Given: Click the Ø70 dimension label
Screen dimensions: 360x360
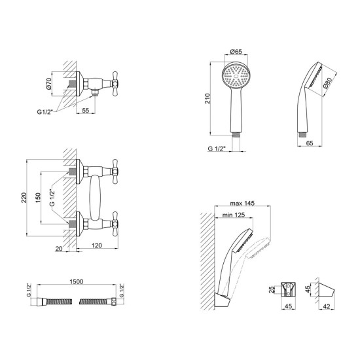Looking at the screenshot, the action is click(48, 83).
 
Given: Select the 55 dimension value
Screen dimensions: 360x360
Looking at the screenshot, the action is click(85, 110).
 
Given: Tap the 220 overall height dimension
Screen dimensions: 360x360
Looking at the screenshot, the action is click(24, 198).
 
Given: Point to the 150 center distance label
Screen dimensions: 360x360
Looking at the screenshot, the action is click(38, 198).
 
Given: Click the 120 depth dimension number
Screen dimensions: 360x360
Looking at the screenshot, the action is click(97, 245).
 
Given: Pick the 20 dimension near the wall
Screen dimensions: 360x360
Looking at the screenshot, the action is click(59, 249).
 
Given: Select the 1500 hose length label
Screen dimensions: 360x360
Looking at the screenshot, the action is click(76, 281).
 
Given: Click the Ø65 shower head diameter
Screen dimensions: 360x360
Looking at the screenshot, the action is click(236, 52).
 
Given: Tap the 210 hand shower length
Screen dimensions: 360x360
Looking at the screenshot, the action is click(207, 98).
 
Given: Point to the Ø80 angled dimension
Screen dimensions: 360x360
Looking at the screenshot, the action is click(327, 83).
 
